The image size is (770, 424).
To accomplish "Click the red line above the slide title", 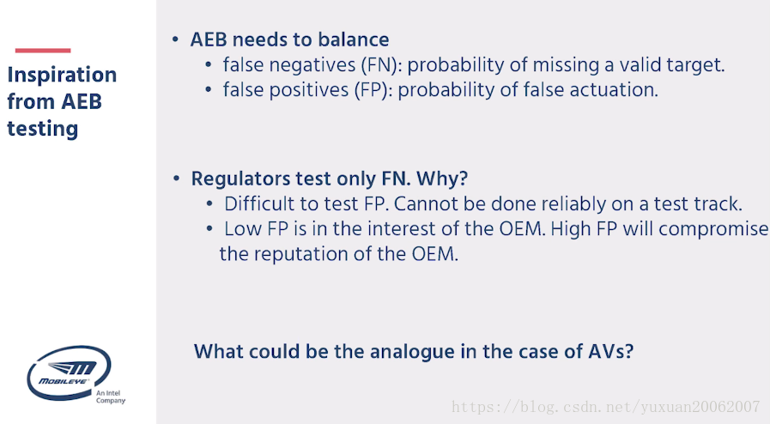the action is pos(43,51).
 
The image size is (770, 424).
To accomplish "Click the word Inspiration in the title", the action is pos(62,75).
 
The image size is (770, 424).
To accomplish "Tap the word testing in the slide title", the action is pos(43,129).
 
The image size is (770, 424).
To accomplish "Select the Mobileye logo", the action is pos(69,373).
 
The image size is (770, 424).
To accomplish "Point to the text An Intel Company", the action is pos(111,397).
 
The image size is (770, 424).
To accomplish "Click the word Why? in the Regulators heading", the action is pos(442,179).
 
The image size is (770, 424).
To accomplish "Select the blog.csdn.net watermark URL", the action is pos(605,407).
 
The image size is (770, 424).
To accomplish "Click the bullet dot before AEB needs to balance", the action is pos(175,39).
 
